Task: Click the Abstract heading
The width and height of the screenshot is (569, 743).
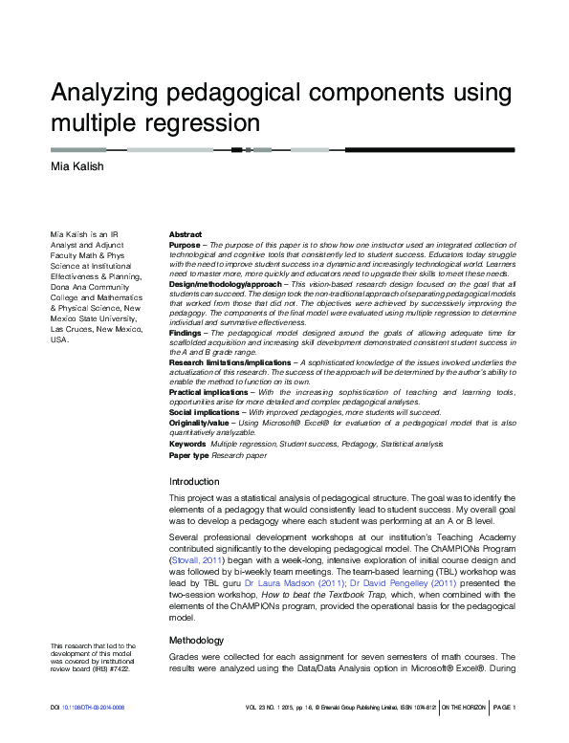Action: pos(186,234)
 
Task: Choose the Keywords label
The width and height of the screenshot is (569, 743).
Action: pos(187,444)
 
